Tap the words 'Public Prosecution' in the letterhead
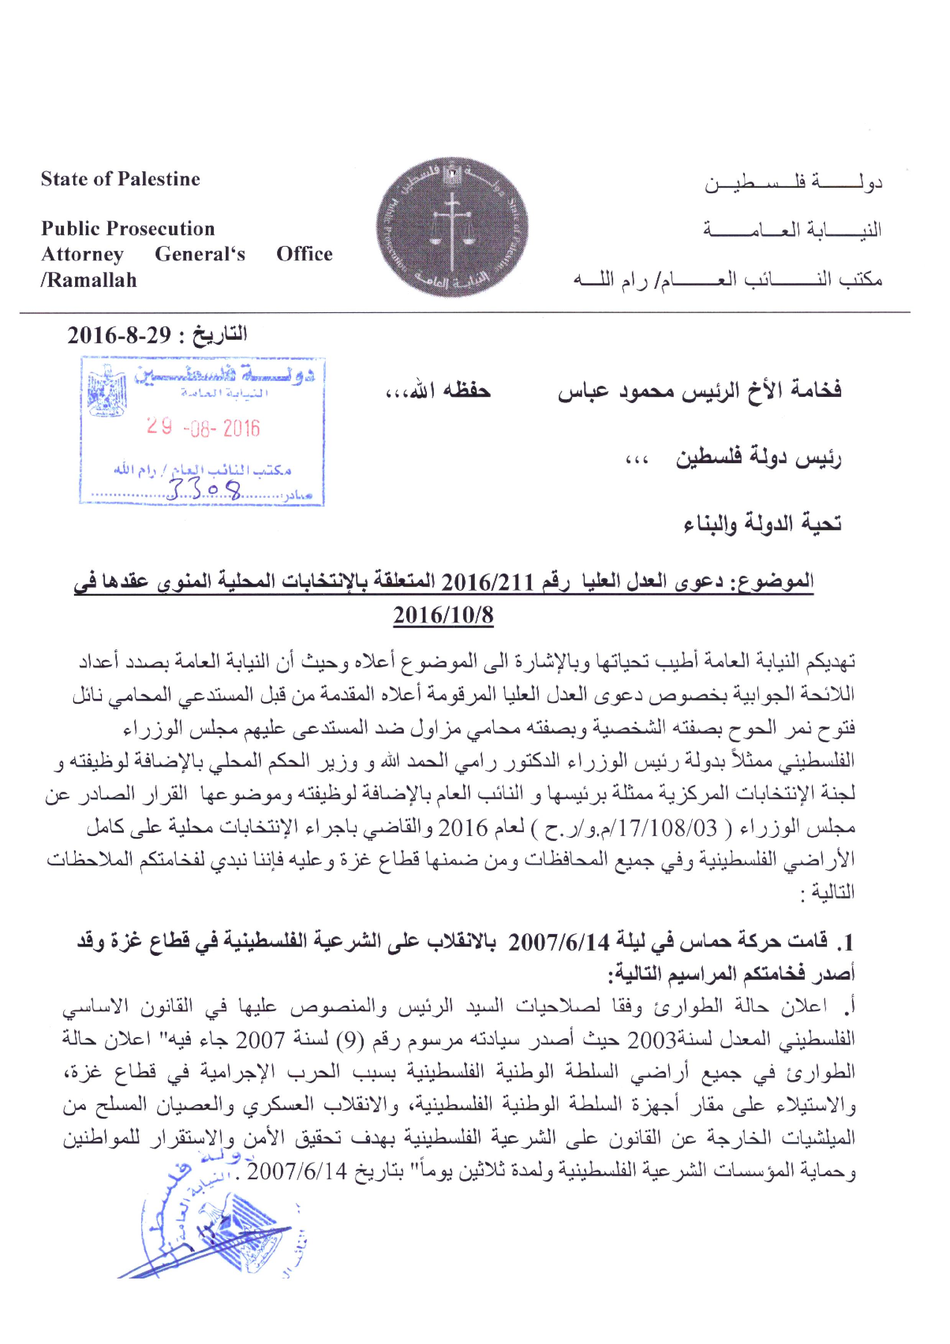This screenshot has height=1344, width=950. tap(128, 228)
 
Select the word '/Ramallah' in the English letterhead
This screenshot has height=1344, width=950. tap(89, 280)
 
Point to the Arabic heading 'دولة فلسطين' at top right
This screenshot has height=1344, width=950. tap(793, 183)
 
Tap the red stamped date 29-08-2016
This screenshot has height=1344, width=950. tap(202, 428)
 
